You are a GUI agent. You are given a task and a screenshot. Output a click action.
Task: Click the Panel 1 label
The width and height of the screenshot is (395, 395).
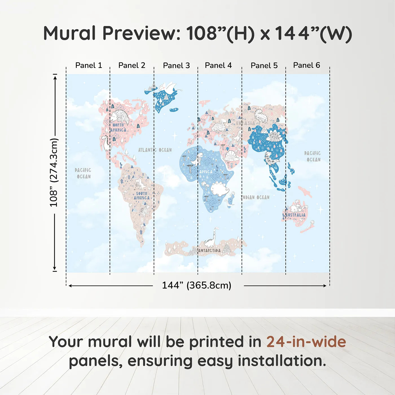(x=88, y=65)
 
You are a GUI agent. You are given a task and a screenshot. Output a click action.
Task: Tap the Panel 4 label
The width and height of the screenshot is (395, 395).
(x=218, y=65)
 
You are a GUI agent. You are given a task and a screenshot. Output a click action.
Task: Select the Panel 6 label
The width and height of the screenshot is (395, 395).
(x=306, y=65)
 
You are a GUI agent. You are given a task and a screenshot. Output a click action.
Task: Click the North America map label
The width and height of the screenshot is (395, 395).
(x=118, y=128)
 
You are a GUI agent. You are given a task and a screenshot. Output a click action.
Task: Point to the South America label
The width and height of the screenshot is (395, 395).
(x=142, y=196)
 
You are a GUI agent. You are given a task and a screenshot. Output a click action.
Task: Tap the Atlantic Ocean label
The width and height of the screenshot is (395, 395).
(x=155, y=150)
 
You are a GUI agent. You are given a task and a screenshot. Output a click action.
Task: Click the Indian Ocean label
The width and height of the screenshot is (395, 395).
(x=256, y=197)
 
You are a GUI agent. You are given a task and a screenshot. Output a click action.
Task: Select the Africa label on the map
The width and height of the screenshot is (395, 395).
(x=206, y=172)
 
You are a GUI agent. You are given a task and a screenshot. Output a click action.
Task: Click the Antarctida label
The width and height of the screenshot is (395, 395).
(x=209, y=251)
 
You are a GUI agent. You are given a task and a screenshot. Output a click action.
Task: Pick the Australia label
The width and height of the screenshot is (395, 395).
(x=295, y=215)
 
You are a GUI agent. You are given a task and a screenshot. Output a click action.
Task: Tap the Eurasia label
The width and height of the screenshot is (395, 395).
(x=245, y=123)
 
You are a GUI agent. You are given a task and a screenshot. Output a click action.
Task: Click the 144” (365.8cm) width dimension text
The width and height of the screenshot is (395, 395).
(x=196, y=285)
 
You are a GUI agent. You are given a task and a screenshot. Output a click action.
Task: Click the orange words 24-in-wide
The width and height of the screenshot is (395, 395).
(x=306, y=342)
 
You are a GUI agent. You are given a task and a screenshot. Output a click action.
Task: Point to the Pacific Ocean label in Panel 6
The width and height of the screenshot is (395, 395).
(x=313, y=156)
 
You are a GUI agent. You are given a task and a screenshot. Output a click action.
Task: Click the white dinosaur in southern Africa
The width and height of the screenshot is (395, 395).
(x=220, y=188)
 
